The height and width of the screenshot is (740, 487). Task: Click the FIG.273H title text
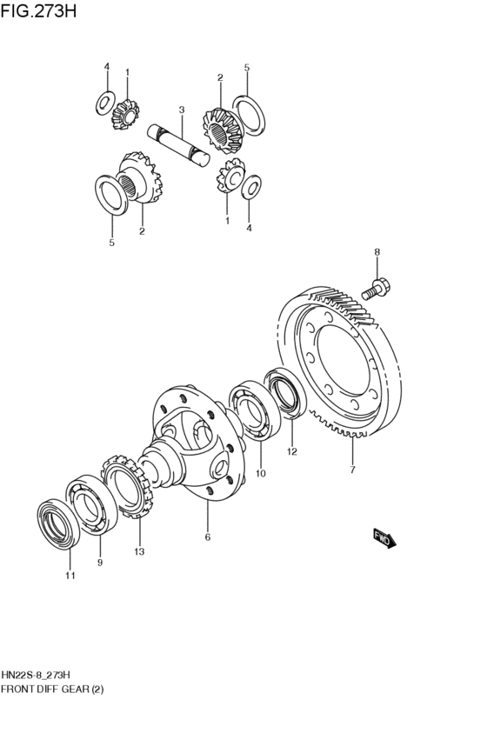(38, 10)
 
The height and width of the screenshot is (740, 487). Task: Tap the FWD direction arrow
(384, 538)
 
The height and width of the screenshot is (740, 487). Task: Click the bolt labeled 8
(376, 290)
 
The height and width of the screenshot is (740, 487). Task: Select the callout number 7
(352, 470)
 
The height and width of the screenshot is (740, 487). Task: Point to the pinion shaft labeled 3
(179, 145)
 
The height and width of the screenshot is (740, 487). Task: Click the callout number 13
(139, 551)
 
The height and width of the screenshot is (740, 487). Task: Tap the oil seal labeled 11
(56, 523)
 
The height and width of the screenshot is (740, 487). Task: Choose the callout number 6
(208, 537)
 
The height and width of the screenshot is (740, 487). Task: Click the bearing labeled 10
(255, 410)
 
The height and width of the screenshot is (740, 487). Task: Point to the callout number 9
(100, 562)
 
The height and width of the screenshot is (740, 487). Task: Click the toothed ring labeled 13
(126, 487)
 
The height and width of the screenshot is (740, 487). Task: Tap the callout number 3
(182, 110)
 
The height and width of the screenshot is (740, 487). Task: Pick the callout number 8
(377, 252)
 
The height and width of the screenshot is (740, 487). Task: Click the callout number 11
(70, 576)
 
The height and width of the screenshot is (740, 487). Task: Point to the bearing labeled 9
(91, 505)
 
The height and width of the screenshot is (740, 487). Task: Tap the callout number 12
(292, 451)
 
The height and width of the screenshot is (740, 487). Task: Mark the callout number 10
(261, 473)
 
